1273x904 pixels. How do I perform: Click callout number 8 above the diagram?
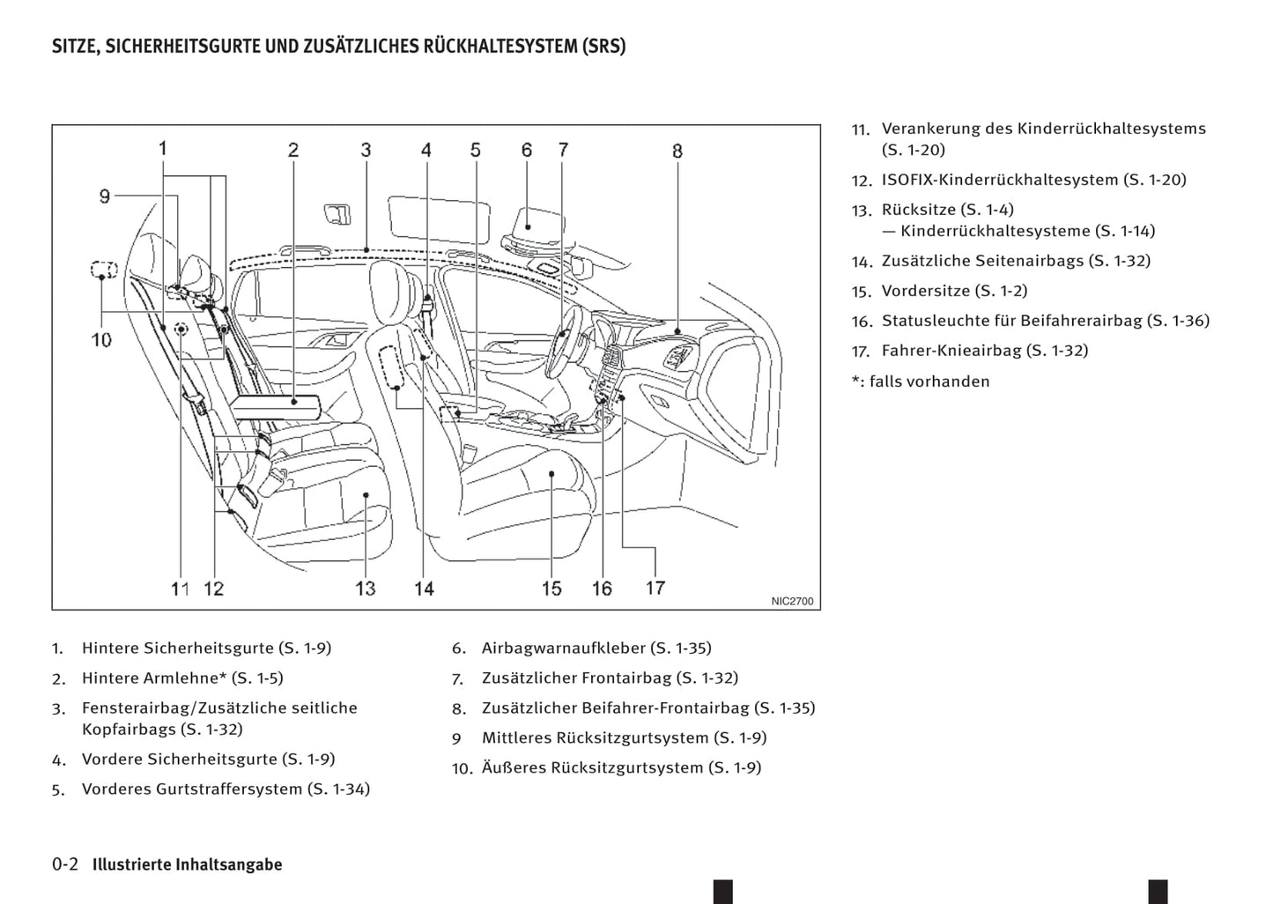pyautogui.click(x=677, y=151)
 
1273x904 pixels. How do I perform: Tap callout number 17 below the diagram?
pyautogui.click(x=655, y=587)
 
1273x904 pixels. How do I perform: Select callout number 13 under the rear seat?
pyautogui.click(x=365, y=588)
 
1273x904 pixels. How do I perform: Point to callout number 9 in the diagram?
pyautogui.click(x=105, y=196)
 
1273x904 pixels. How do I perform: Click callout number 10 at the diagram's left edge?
pyautogui.click(x=101, y=339)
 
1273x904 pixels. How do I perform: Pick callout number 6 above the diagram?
pyautogui.click(x=527, y=150)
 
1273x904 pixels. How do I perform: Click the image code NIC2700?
pyautogui.click(x=792, y=601)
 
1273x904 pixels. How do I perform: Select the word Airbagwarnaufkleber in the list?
pyautogui.click(x=563, y=648)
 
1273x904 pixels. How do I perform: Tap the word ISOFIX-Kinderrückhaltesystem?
pyautogui.click(x=1000, y=180)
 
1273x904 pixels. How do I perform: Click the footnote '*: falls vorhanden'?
pyautogui.click(x=921, y=382)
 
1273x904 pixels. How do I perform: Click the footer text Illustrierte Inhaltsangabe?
pyautogui.click(x=188, y=864)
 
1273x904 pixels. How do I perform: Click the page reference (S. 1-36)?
pyautogui.click(x=1178, y=321)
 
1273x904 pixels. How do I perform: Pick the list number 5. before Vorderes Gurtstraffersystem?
pyautogui.click(x=57, y=790)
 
